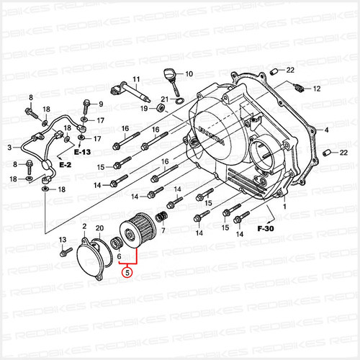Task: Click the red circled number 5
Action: [x=128, y=272]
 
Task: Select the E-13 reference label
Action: [x=81, y=153]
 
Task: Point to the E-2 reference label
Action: [x=66, y=165]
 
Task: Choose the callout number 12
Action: [x=315, y=89]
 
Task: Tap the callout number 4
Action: [x=325, y=130]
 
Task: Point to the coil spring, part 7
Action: [x=162, y=216]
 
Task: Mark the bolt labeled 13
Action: [x=66, y=253]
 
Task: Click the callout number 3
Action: [x=10, y=148]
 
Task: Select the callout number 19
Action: [x=144, y=108]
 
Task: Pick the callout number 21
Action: [x=164, y=99]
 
